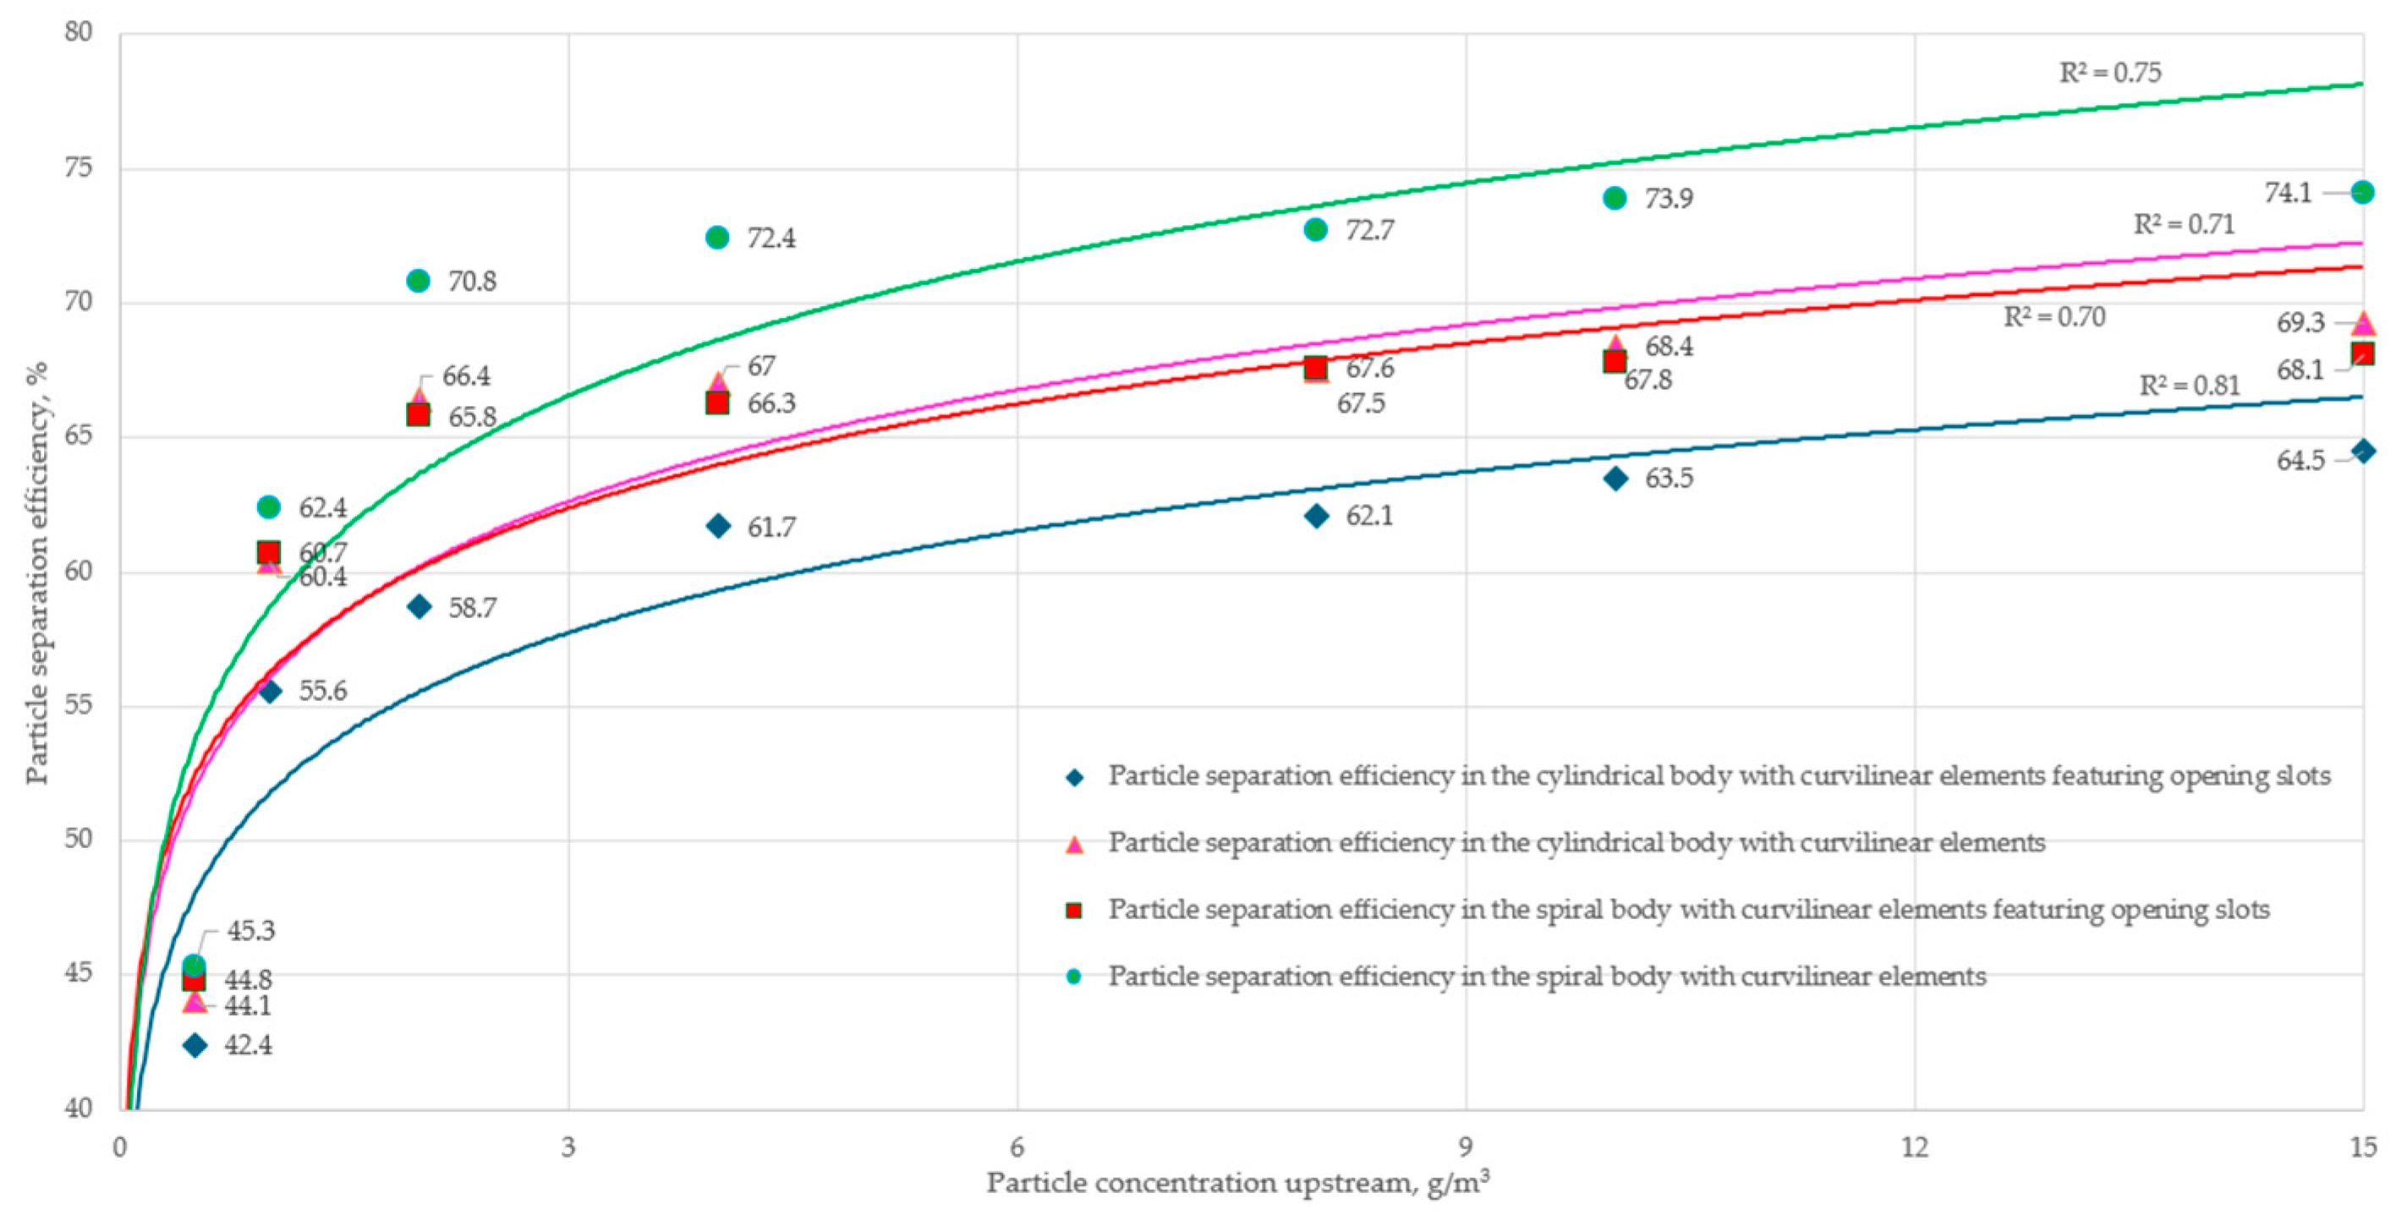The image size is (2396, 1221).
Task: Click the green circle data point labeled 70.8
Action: [x=419, y=281]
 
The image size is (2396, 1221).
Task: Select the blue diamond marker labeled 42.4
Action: [x=195, y=1045]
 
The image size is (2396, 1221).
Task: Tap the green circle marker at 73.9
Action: [x=1615, y=198]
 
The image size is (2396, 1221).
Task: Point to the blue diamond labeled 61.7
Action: [x=718, y=526]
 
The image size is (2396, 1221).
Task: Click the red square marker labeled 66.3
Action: [x=717, y=402]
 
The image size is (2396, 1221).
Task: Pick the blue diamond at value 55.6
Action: [x=270, y=691]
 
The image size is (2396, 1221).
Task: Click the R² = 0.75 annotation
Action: [x=2109, y=73]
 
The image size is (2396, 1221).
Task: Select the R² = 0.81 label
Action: [x=2189, y=385]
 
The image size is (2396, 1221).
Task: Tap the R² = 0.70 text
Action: [x=2053, y=317]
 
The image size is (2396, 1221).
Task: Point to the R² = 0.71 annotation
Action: [x=2183, y=224]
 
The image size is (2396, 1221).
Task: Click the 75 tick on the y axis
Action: [x=78, y=167]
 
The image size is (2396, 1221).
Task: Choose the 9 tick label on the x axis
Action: [x=1466, y=1147]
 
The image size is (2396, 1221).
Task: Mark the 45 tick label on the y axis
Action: [x=78, y=972]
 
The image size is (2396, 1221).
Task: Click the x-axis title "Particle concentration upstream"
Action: [x=1237, y=1183]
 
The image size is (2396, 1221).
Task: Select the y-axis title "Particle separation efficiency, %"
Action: [x=37, y=572]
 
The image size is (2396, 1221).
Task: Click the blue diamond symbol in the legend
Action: [x=1074, y=777]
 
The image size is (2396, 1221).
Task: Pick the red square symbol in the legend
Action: [x=1074, y=911]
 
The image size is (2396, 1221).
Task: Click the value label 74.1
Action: [x=2287, y=193]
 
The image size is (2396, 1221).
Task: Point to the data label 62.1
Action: [x=1369, y=515]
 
